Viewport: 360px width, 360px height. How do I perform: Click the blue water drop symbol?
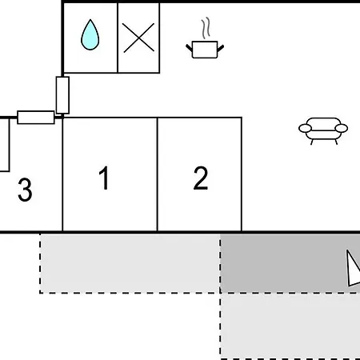tap(90, 35)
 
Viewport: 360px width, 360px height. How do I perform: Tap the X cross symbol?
tap(138, 38)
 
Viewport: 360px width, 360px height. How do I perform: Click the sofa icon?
tap(323, 130)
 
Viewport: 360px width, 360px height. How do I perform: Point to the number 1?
tap(104, 178)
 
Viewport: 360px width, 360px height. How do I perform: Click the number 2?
tap(201, 178)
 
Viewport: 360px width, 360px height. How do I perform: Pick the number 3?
tap(25, 190)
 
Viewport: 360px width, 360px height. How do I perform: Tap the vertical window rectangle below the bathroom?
tap(62, 95)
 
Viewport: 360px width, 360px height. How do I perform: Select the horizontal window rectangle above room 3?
tap(36, 118)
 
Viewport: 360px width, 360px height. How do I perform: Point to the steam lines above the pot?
tap(206, 28)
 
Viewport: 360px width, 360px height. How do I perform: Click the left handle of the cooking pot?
tap(189, 48)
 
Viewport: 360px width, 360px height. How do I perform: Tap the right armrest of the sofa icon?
tap(342, 128)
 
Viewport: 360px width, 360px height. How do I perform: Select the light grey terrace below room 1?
tap(130, 263)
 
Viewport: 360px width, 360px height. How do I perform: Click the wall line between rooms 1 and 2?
tap(158, 174)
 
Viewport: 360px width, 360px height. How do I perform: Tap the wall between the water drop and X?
tap(118, 38)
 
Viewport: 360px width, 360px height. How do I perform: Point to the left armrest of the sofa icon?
tap(305, 128)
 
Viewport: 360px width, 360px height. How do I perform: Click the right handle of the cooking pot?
tap(221, 48)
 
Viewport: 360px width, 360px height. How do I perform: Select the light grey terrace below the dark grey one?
tap(290, 326)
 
